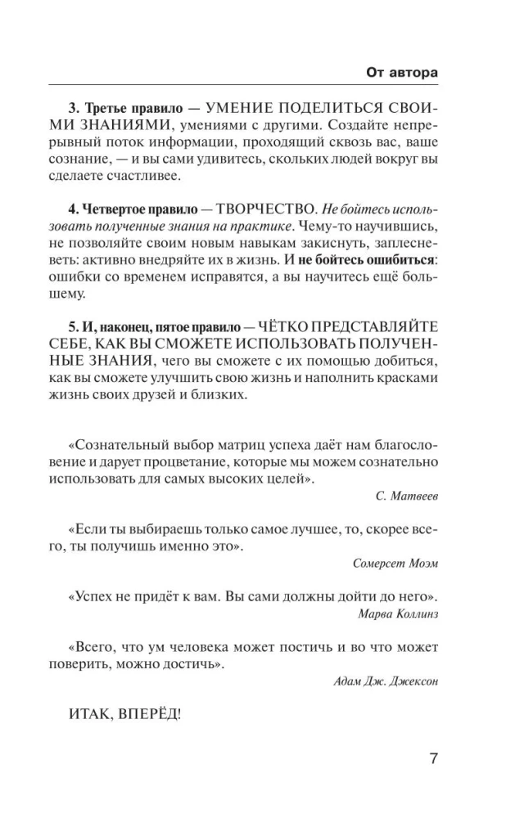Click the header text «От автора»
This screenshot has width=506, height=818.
(401, 72)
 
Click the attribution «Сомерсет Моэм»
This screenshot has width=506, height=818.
(395, 564)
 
